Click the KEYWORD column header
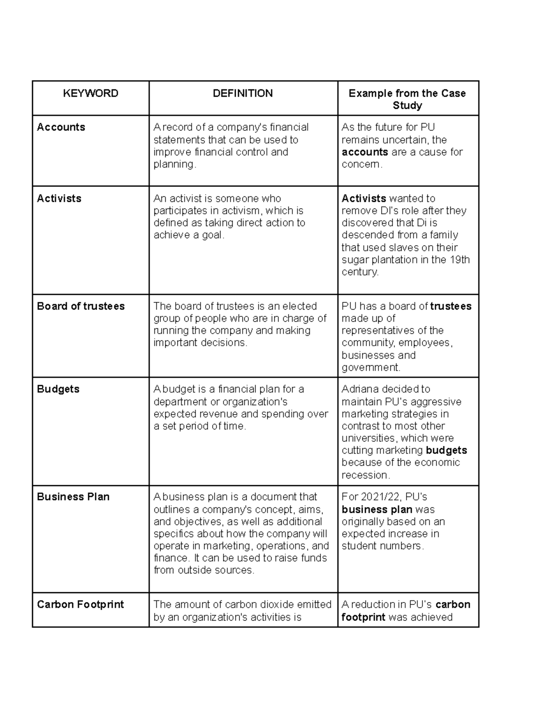pos(90,93)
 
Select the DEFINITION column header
pos(243,93)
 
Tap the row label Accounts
pos(61,127)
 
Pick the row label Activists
pos(59,199)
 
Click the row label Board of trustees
pos(81,306)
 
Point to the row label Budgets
pos(58,389)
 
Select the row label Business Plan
pos(73,497)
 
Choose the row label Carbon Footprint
pos(80,604)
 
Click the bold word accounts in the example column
pos(365,152)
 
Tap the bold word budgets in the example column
pos(446,450)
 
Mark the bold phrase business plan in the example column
pos(377,510)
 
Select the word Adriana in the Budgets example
pos(360,389)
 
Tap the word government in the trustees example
pos(370,367)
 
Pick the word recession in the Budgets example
pos(364,475)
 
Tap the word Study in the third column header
pos(407,106)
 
